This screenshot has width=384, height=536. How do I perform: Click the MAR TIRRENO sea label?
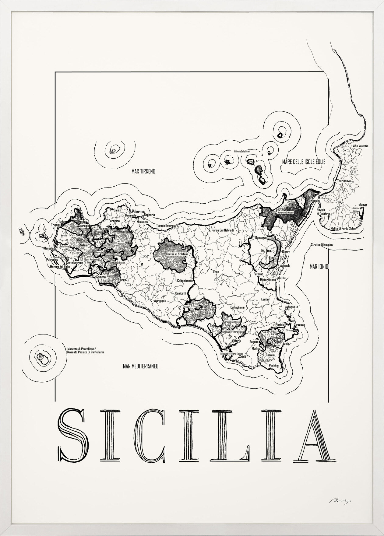[143, 172]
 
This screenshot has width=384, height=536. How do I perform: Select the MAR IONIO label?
[319, 267]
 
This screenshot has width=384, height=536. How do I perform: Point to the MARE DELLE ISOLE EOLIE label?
[304, 162]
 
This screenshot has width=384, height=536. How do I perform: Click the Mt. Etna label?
[266, 250]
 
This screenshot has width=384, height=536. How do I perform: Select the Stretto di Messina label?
[322, 245]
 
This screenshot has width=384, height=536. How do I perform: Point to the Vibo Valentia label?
[360, 146]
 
